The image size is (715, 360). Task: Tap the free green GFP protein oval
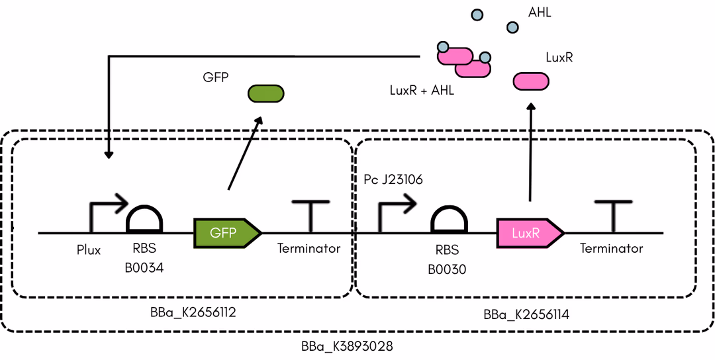point(265,93)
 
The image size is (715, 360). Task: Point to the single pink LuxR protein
point(531,81)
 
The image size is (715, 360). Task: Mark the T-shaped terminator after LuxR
point(613,216)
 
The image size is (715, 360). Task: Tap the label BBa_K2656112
point(193,312)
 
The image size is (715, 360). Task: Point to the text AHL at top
point(540,13)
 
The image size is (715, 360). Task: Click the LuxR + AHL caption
point(422,91)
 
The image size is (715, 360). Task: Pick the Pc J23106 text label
point(393,179)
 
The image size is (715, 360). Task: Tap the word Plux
point(89,249)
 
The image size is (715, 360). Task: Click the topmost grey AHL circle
point(477,15)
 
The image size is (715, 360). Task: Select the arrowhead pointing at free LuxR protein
point(530,107)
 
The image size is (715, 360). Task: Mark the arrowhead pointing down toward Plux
point(109,155)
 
